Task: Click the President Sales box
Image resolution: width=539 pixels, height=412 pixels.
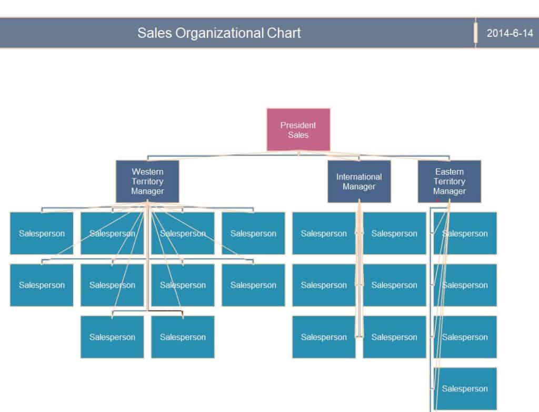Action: pos(298,129)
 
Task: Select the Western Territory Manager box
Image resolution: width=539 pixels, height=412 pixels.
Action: pos(147,181)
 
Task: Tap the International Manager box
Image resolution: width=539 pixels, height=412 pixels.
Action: pos(359,182)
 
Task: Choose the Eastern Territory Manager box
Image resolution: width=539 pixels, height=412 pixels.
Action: pos(449,181)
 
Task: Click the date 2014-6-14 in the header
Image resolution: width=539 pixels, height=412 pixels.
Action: pos(510,33)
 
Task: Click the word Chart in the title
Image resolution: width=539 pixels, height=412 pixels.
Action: pos(284,33)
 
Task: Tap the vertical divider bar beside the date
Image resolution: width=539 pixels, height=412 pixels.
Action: pos(475,33)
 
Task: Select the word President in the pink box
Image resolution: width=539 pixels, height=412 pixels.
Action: pos(298,125)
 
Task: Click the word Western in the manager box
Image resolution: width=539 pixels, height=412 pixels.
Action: pos(147,172)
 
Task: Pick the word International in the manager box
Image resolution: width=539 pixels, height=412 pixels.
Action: pos(359,177)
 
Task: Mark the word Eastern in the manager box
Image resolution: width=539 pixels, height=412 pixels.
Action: pos(449,172)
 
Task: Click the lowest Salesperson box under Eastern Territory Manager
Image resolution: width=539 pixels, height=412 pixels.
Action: pos(465,388)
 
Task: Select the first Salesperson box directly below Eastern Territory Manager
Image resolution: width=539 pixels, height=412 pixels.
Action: pos(465,233)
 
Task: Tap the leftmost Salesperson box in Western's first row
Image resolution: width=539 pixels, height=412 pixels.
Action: pos(42,233)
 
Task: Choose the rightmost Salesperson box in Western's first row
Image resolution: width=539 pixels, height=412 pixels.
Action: pos(253,233)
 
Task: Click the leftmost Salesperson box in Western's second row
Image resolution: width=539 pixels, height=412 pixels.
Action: pos(42,285)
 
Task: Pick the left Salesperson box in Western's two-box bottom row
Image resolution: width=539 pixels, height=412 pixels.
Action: pos(112,337)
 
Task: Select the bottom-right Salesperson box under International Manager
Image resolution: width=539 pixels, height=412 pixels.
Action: pos(394,337)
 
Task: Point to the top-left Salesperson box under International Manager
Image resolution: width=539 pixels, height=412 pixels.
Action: pos(324,233)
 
